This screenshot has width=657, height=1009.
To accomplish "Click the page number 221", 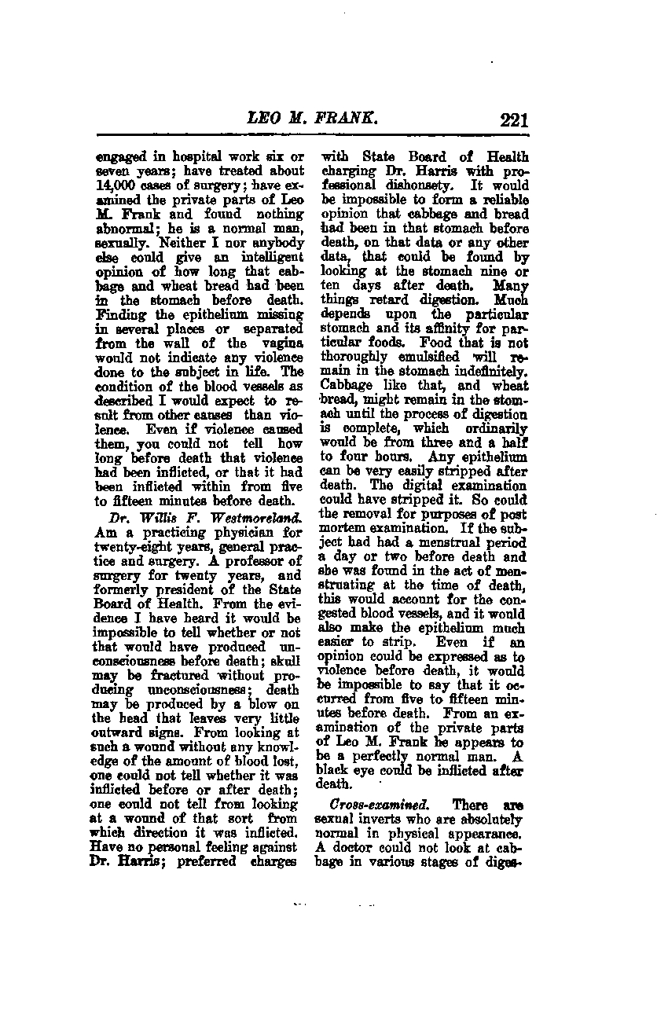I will click(512, 120).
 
